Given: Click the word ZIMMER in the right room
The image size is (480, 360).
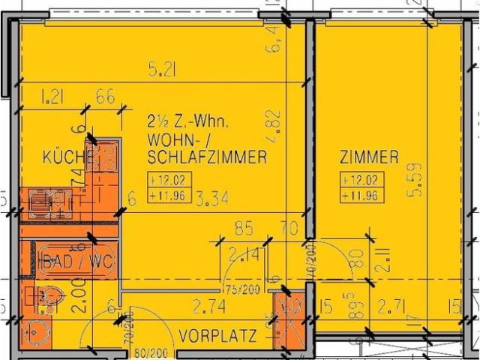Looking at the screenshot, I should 368,157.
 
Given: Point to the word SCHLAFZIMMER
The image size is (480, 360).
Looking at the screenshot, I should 207,157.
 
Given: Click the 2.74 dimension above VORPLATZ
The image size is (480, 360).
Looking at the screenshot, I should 209,305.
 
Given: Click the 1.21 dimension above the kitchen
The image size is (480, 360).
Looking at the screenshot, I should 52,96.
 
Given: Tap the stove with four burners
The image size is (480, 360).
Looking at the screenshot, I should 105,157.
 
